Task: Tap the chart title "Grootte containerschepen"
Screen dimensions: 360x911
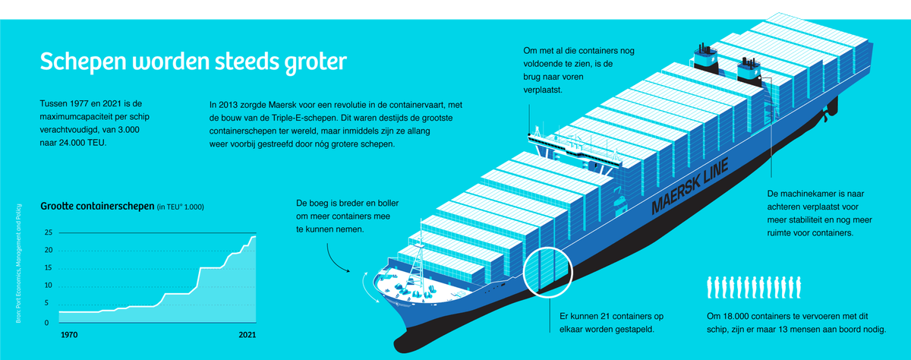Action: pyautogui.click(x=96, y=206)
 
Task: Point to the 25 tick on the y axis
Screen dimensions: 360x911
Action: pyautogui.click(x=48, y=233)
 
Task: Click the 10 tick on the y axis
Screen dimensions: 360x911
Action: pyautogui.click(x=48, y=286)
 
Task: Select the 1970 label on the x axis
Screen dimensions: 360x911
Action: pyautogui.click(x=69, y=334)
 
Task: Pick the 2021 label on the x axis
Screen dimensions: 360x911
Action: pyautogui.click(x=247, y=334)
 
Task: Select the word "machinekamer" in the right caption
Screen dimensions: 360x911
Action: pyautogui.click(x=812, y=194)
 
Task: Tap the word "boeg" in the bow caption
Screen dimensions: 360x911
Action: pyautogui.click(x=324, y=204)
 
